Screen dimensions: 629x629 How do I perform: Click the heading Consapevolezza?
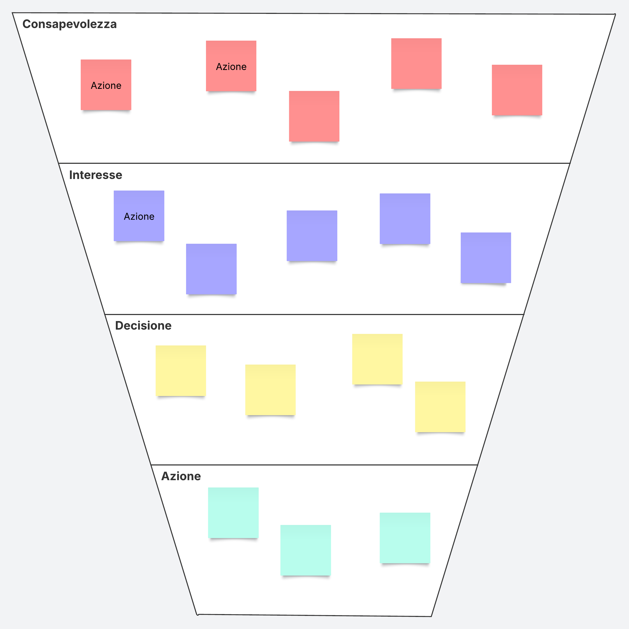pos(69,24)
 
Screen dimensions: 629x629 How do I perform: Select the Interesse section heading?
pos(95,175)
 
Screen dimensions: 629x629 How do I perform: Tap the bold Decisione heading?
pos(143,326)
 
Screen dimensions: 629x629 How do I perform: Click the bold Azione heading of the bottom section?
pos(181,476)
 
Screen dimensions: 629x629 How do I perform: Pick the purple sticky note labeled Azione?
pos(139,216)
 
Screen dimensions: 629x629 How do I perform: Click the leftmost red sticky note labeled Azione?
pos(106,85)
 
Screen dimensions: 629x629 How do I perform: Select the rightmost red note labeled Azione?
pos(231,66)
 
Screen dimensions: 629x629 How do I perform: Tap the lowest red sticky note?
pos(314,116)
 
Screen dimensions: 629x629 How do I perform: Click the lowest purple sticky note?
pos(211,269)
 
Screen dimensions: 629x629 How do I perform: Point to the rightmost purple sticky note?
pos(485,258)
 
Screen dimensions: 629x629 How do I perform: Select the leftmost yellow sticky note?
pos(181,371)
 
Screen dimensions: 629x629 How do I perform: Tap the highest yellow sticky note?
pos(377,359)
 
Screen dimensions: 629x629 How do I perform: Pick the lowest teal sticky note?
pos(305,550)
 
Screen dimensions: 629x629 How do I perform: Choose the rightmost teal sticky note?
pos(405,538)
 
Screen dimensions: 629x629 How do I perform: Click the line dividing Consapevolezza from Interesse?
pos(314,163)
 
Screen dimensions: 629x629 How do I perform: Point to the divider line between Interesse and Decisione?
pos(314,314)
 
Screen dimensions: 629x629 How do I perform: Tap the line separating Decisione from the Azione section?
pos(314,465)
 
